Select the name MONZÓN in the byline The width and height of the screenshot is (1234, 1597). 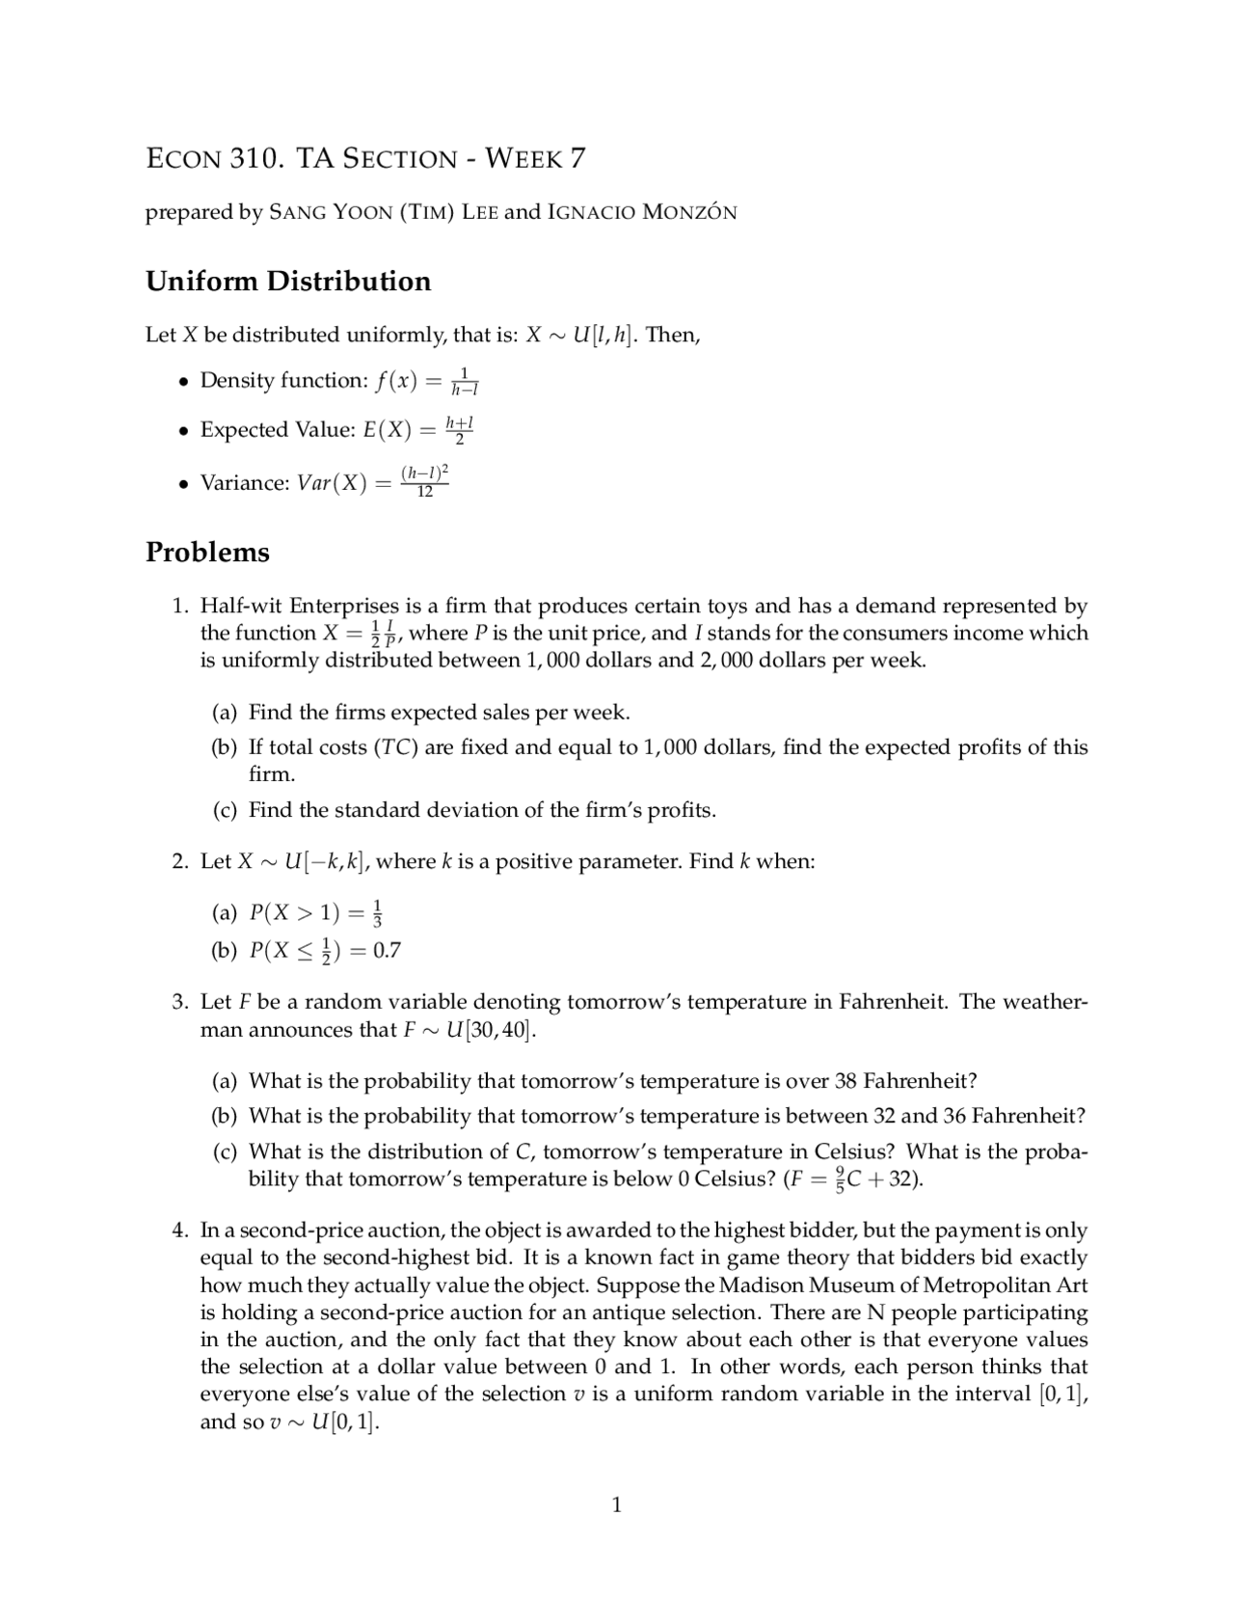tap(688, 212)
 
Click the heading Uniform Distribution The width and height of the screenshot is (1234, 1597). tap(288, 282)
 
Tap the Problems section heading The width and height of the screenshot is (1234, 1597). tap(207, 553)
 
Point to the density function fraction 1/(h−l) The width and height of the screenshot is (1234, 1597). tap(464, 381)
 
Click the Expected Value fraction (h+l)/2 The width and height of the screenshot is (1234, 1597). tap(459, 430)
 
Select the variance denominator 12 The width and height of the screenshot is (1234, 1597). tap(424, 492)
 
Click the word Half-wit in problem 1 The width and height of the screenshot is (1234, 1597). tap(240, 607)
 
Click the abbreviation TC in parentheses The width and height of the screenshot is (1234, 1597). tap(395, 747)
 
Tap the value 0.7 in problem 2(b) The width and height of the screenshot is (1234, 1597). tap(387, 951)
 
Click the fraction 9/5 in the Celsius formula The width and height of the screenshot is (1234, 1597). tap(841, 1178)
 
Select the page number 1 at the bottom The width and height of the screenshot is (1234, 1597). tap(617, 1504)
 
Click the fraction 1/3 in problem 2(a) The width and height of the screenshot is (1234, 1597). tap(378, 912)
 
